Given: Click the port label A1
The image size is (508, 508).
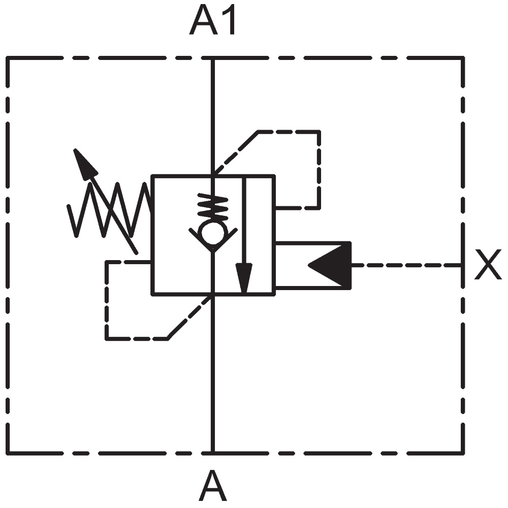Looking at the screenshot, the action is pos(212,19).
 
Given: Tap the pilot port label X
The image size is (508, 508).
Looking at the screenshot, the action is pos(488,264).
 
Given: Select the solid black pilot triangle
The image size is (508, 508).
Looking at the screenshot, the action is pos(330,265).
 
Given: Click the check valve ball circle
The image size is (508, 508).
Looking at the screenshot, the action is pos(213,233).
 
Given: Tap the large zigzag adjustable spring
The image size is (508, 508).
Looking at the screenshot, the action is pos(109,210).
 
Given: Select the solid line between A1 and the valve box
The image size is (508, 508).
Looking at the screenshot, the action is pos(212,117).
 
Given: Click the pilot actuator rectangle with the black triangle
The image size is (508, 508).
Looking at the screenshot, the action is pos(313,265).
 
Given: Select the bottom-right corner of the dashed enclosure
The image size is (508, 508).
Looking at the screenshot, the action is pos(463,452).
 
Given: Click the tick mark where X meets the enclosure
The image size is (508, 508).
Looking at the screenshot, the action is pos(461,265).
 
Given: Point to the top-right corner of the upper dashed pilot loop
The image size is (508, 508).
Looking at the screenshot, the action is pos(319,132).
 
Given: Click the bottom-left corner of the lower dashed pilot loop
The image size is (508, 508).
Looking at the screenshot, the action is pos(107,339).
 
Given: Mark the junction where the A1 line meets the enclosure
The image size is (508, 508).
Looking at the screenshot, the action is pos(212,58).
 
